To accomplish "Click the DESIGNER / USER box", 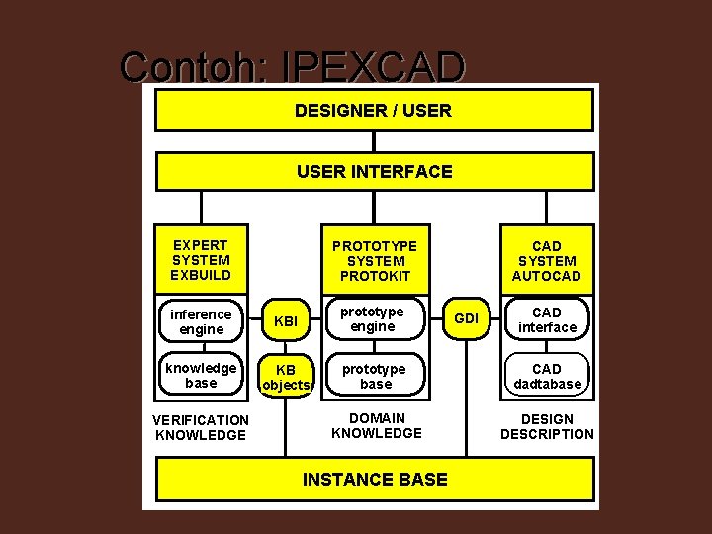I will [374, 110].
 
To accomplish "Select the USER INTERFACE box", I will [374, 171].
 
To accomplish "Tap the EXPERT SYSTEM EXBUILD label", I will [201, 259].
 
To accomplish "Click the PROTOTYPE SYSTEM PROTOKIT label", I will [375, 260].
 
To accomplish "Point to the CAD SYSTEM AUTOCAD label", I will [546, 260].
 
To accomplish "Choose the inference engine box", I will [201, 321].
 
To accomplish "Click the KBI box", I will [285, 321].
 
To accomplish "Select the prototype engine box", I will [375, 319].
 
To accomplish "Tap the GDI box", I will [466, 318].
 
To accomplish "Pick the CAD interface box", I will [547, 319].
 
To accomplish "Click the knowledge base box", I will [201, 375].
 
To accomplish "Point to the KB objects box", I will [285, 377].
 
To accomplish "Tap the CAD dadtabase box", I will [547, 376].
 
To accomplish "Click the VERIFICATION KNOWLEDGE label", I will [201, 427].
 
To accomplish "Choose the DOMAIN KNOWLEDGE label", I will [376, 426].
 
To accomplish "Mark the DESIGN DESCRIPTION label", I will [547, 426].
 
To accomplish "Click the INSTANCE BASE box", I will [375, 480].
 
